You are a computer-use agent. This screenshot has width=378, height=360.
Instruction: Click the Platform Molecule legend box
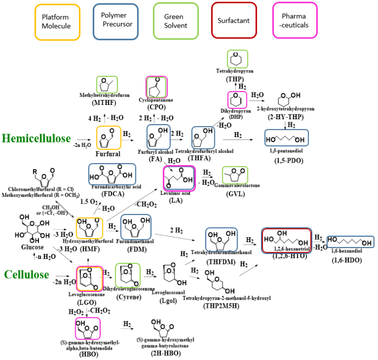point(56,21)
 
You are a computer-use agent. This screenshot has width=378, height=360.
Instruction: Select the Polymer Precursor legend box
point(115,21)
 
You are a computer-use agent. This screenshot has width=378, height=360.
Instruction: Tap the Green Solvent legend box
point(175,21)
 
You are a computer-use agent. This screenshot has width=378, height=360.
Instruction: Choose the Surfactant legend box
point(233,21)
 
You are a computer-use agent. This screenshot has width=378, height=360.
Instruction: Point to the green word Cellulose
point(27,274)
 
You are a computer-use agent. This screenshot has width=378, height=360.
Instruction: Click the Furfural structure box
point(108,138)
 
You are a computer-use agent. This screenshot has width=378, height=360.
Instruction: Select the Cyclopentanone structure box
point(157,86)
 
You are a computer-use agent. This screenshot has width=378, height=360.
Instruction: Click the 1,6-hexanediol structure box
point(350,242)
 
